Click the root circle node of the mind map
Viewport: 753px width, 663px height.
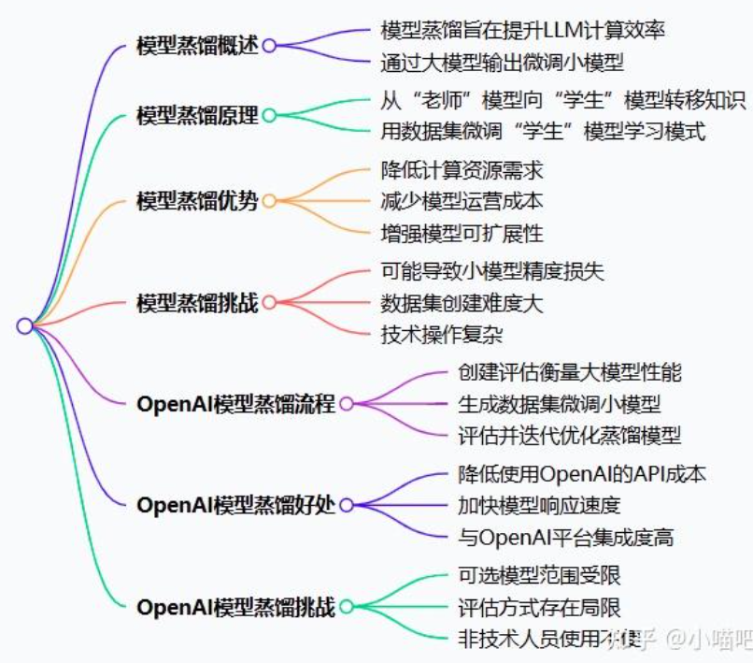[x=25, y=325]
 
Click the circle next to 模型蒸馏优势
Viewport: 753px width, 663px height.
[x=269, y=201]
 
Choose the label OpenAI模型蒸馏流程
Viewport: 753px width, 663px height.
[x=235, y=404]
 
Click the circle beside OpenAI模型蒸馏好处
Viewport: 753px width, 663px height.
[x=347, y=505]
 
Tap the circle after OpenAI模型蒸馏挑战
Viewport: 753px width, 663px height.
[x=347, y=607]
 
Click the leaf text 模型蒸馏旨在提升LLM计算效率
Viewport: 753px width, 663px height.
[x=522, y=29]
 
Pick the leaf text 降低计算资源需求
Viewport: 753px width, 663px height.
[x=462, y=170]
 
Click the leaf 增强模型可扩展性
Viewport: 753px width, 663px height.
[x=462, y=232]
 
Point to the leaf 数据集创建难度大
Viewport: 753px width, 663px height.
[x=462, y=303]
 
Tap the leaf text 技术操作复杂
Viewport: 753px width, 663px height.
[x=442, y=334]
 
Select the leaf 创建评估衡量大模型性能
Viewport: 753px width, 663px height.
[x=569, y=372]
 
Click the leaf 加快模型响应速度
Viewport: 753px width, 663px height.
[x=539, y=506]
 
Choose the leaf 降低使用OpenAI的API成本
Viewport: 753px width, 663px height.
[x=582, y=474]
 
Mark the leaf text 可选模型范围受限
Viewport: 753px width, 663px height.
[x=539, y=575]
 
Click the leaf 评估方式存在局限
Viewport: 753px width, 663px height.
[x=539, y=607]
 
